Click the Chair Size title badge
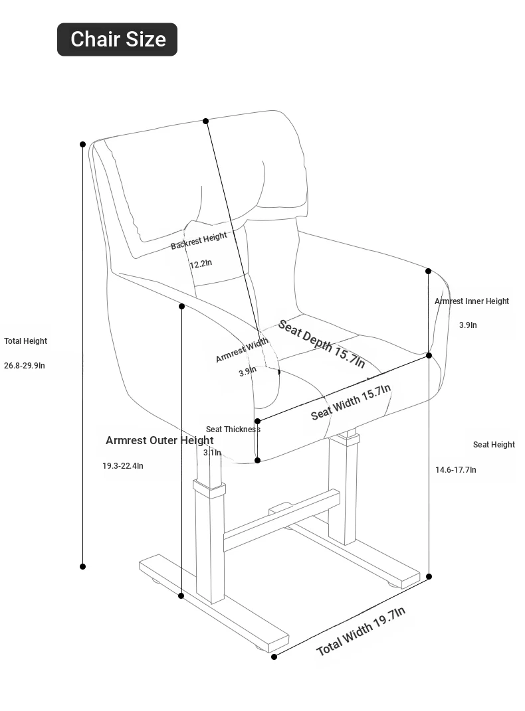click(x=117, y=39)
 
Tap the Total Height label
click(x=25, y=341)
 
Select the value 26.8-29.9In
click(x=25, y=366)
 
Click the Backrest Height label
click(x=199, y=240)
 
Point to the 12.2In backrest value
click(x=201, y=264)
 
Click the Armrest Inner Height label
click(x=471, y=301)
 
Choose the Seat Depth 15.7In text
click(x=321, y=344)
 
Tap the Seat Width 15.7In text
click(x=351, y=402)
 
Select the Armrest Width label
click(x=242, y=350)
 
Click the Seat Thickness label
click(x=233, y=430)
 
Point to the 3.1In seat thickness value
click(x=212, y=453)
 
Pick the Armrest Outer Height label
click(x=159, y=440)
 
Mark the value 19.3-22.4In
click(x=122, y=465)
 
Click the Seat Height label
click(x=494, y=444)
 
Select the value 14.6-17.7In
click(x=456, y=470)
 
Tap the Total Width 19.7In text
click(x=361, y=631)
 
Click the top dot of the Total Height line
click(x=82, y=144)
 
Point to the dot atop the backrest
click(x=205, y=121)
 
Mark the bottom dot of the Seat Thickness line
click(x=257, y=460)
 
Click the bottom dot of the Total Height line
click(x=82, y=566)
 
